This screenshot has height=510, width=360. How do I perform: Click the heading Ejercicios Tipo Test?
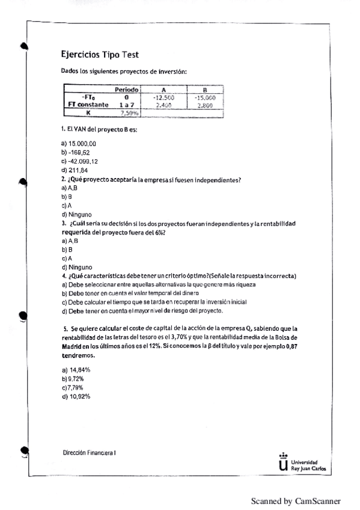tap(100, 55)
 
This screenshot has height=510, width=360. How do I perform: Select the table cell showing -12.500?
tap(163, 97)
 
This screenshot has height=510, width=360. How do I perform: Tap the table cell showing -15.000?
tap(205, 97)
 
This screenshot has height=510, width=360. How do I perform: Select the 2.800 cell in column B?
tap(205, 104)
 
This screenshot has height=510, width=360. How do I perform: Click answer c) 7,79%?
tap(75, 387)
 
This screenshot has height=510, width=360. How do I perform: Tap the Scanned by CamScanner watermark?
tap(295, 500)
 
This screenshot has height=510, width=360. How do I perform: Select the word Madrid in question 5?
tap(73, 348)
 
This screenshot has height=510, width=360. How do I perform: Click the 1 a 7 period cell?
tap(127, 104)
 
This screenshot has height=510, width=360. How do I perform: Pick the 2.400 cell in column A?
tap(163, 104)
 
